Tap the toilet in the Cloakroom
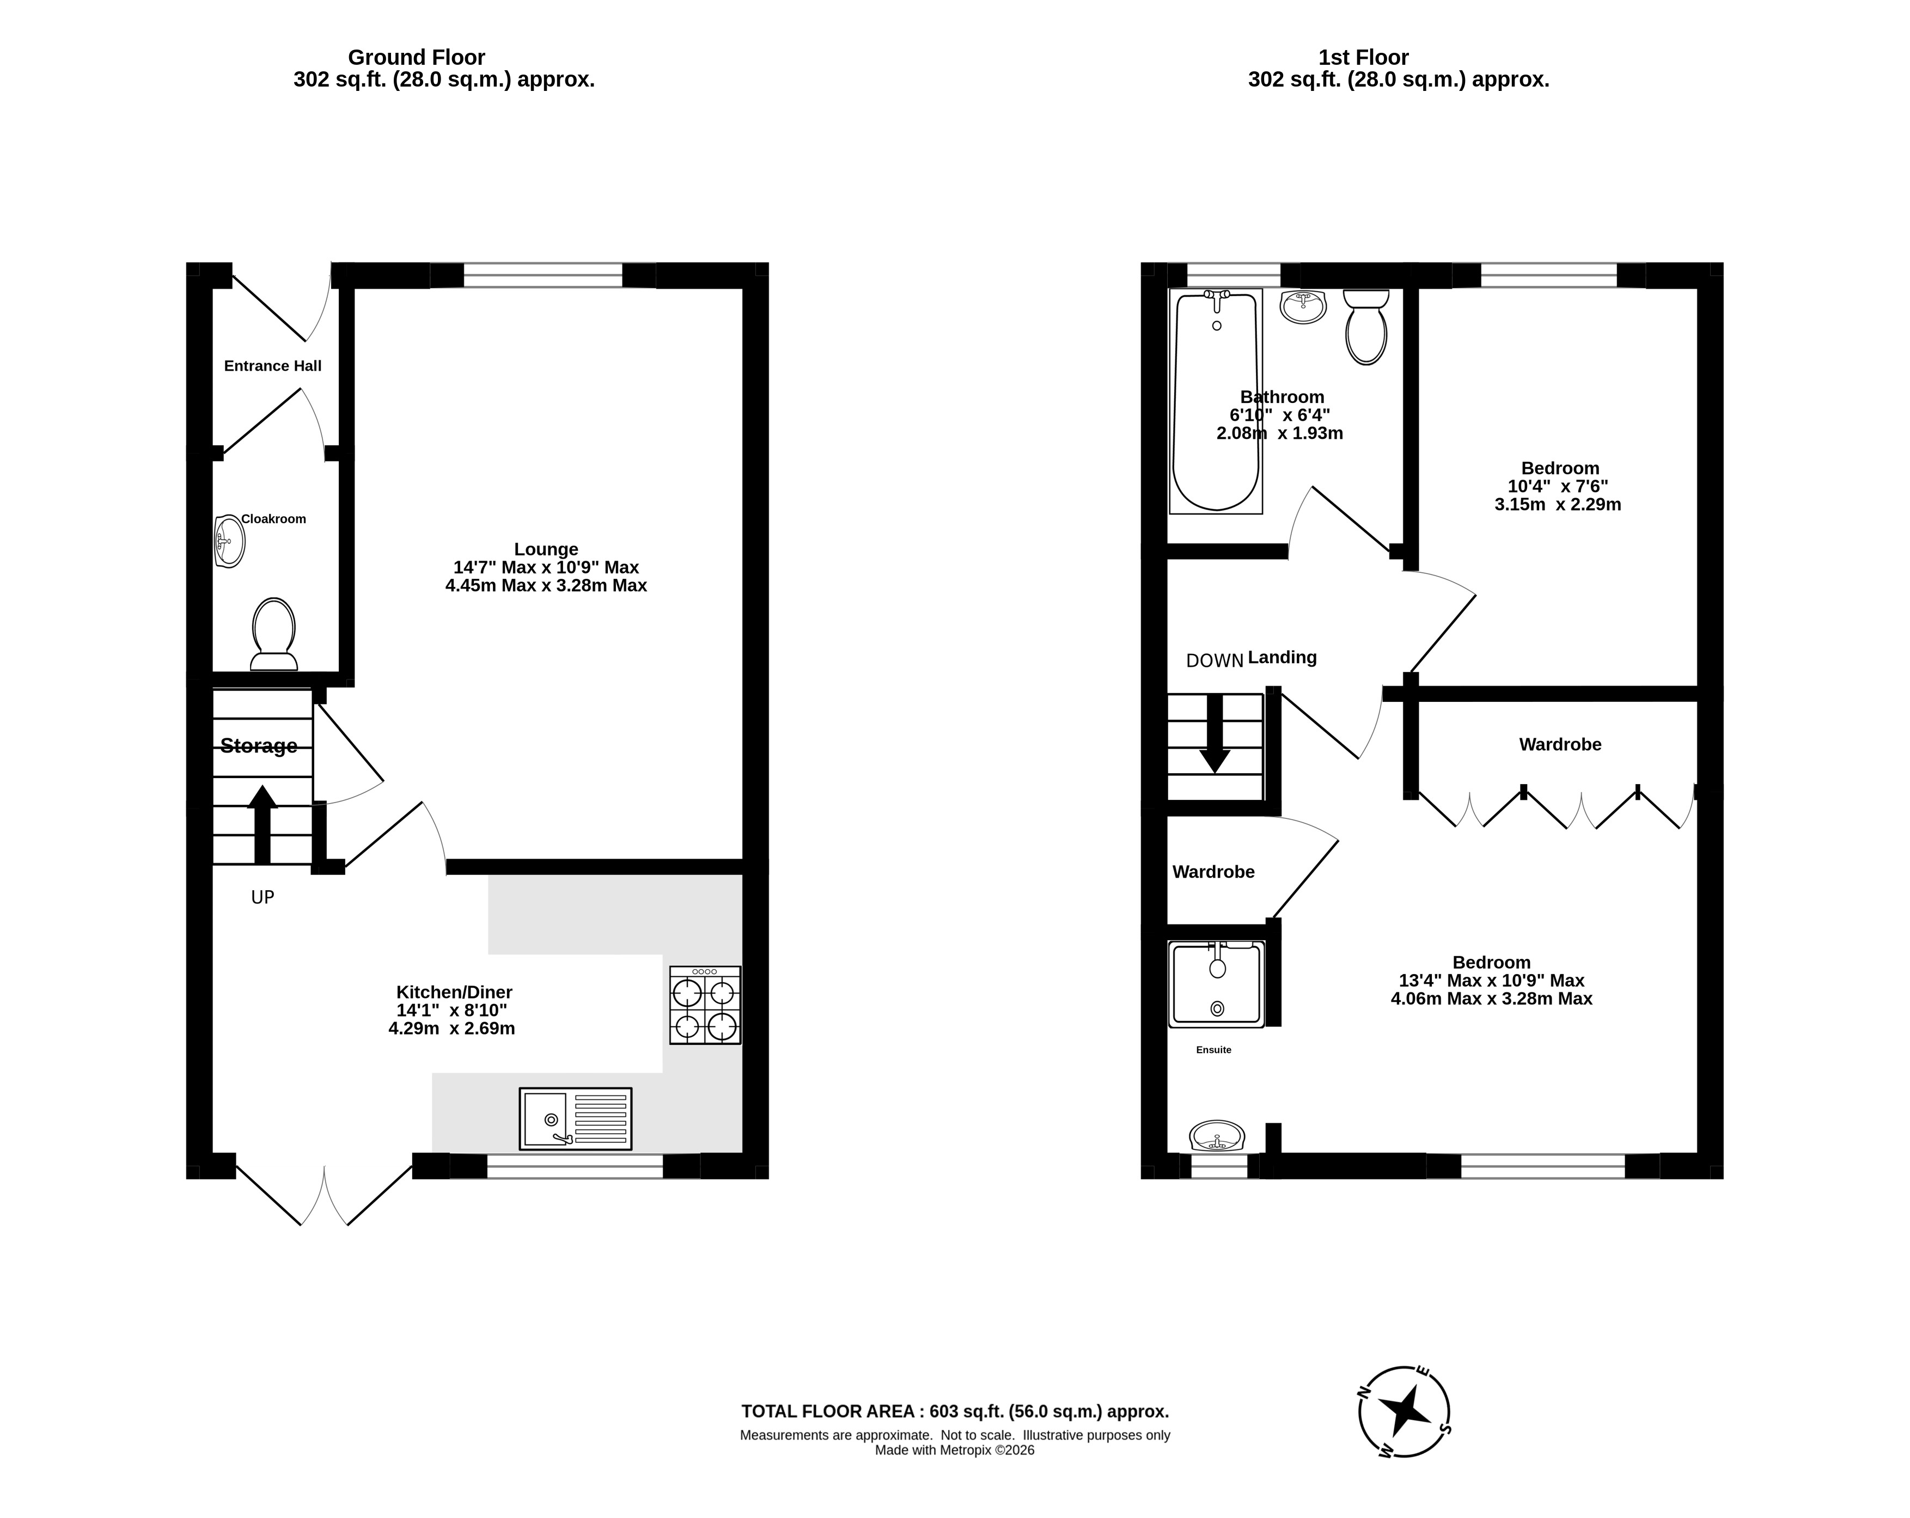click(x=274, y=634)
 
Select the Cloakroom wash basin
click(x=229, y=540)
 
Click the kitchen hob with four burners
click(x=705, y=1005)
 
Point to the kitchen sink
click(x=575, y=1118)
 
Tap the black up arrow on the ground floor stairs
click(x=262, y=824)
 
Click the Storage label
click(x=259, y=746)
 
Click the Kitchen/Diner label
click(x=454, y=993)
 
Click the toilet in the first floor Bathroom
click(x=1366, y=327)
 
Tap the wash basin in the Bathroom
click(x=1303, y=307)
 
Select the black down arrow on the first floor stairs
click(x=1215, y=734)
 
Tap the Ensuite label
click(x=1213, y=1050)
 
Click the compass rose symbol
click(x=1404, y=1412)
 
